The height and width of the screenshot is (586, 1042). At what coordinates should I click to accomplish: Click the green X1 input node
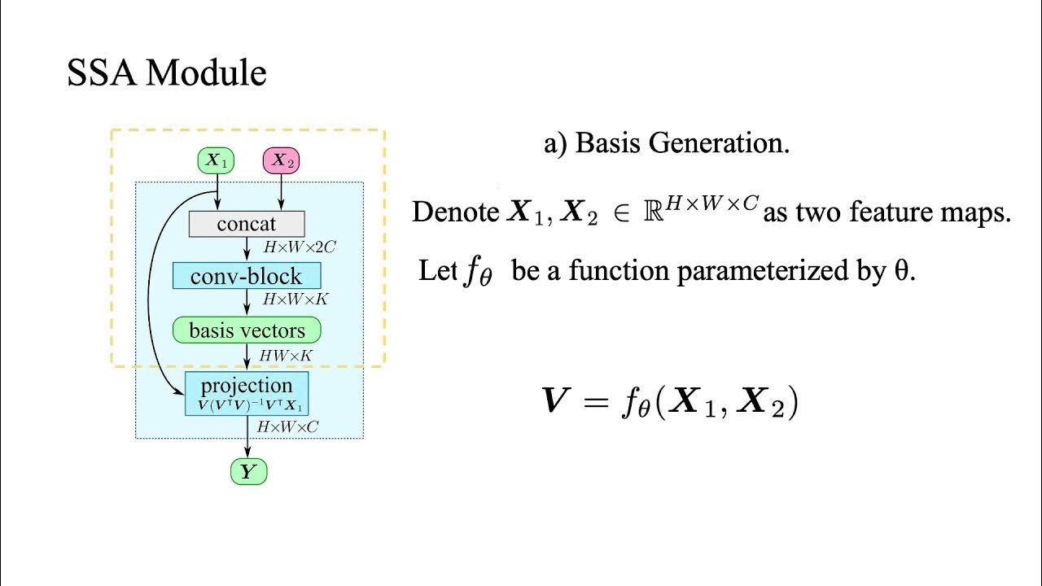216,161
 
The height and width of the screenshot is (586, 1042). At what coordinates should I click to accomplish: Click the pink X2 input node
281,161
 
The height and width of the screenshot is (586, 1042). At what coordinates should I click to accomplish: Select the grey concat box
247,224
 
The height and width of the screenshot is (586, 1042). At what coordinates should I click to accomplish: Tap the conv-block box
247,275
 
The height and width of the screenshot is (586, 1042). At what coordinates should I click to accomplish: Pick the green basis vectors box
247,330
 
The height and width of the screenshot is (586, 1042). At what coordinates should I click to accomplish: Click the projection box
247,393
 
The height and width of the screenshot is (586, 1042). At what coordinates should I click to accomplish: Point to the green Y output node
248,472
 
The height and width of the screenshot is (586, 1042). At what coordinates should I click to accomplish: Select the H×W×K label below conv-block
295,300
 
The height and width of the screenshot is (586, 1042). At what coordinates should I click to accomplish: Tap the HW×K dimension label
286,355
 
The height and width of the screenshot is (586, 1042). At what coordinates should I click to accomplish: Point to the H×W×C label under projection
288,426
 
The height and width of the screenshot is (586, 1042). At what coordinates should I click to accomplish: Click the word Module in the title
207,74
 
